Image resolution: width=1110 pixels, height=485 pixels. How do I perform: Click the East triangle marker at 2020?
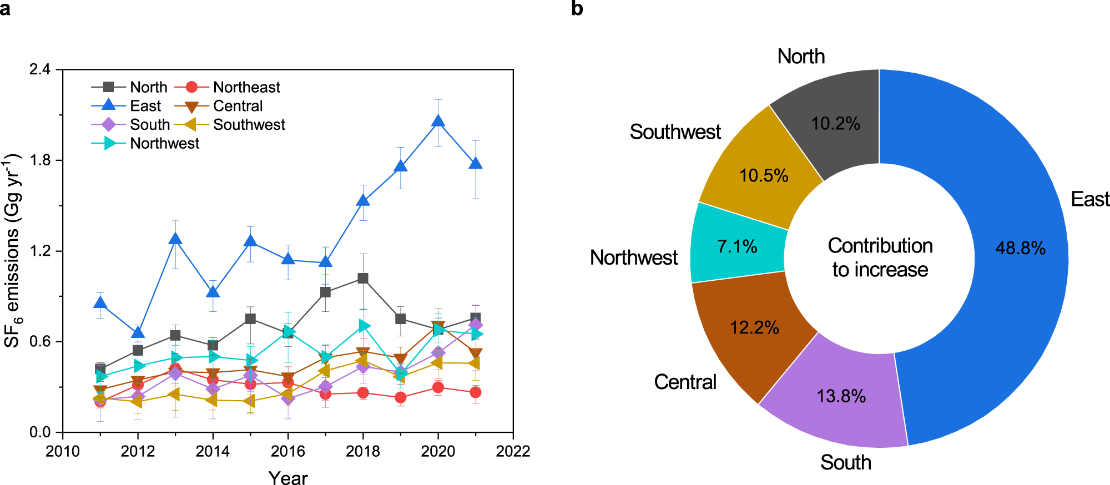pos(438,122)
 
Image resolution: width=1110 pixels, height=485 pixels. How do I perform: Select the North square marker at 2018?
pos(362,279)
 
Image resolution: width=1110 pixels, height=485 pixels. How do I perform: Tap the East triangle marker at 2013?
pos(175,239)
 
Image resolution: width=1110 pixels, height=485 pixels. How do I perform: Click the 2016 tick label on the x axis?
pos(287,451)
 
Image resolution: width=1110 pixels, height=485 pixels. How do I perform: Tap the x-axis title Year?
pos(287,477)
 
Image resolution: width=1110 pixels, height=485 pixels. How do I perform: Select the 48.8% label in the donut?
pos(1020,248)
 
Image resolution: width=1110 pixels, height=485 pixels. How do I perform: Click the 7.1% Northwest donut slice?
pos(737,246)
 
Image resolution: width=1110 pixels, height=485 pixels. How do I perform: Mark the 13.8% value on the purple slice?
pos(841,396)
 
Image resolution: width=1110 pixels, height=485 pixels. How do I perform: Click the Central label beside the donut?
pos(685,382)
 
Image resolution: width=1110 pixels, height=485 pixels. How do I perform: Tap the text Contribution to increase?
pos(880,257)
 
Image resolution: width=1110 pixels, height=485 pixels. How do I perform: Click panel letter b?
pos(577,9)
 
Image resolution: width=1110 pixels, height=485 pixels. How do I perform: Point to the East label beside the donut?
pos(1089,199)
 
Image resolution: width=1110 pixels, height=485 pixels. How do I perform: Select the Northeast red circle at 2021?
pos(475,392)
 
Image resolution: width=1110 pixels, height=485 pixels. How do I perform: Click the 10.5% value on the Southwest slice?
pos(764,176)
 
